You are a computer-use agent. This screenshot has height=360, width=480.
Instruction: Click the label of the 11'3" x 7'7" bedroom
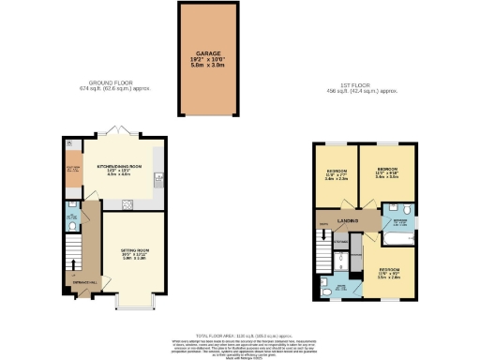coord(336,175)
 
